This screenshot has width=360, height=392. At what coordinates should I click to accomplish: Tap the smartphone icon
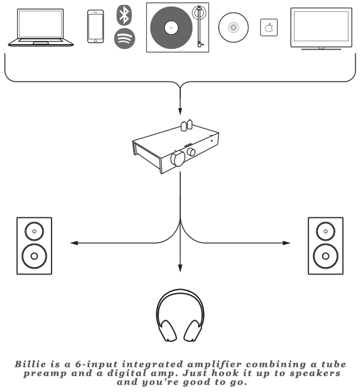tap(95, 26)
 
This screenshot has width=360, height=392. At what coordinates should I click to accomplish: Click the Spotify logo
tap(124, 39)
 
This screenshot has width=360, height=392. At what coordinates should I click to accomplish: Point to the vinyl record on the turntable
tap(171, 27)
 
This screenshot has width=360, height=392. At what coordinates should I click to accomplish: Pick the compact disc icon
tap(233, 27)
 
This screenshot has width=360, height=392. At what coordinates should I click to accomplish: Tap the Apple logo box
tap(269, 27)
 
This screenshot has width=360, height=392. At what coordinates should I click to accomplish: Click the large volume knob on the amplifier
tap(178, 159)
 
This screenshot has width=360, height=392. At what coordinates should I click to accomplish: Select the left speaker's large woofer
tap(34, 256)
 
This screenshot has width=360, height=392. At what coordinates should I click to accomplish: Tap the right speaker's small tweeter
tap(325, 232)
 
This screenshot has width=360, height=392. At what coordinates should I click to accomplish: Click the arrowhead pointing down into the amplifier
tap(180, 111)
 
